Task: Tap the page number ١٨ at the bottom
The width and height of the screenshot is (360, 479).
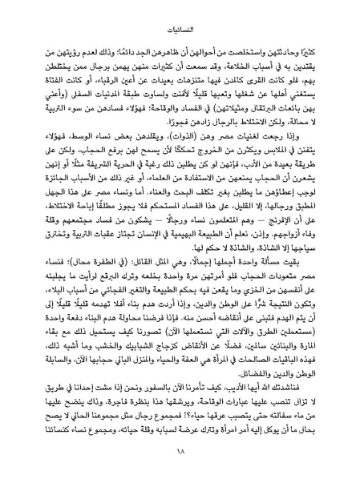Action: point(180,457)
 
